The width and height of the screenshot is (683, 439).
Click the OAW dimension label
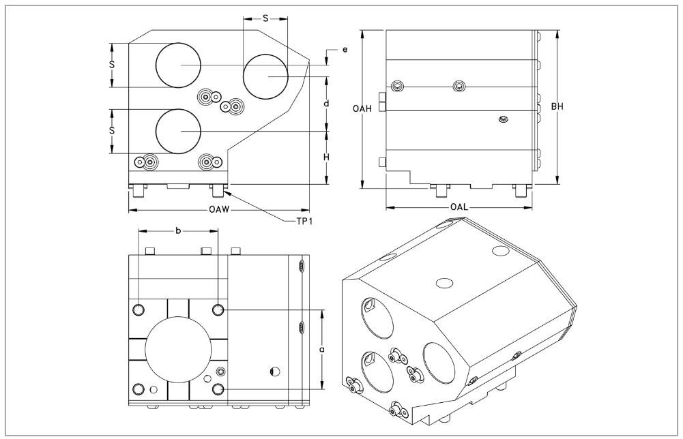[219, 209]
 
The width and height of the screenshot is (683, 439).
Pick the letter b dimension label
[178, 230]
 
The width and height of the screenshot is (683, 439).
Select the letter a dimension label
[321, 349]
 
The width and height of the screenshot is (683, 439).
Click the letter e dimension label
[345, 50]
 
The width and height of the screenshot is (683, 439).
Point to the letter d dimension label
[327, 104]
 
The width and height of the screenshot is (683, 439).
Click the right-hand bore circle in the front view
[265, 76]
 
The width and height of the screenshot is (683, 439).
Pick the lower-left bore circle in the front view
[178, 131]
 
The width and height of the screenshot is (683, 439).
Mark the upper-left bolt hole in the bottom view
[139, 311]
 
